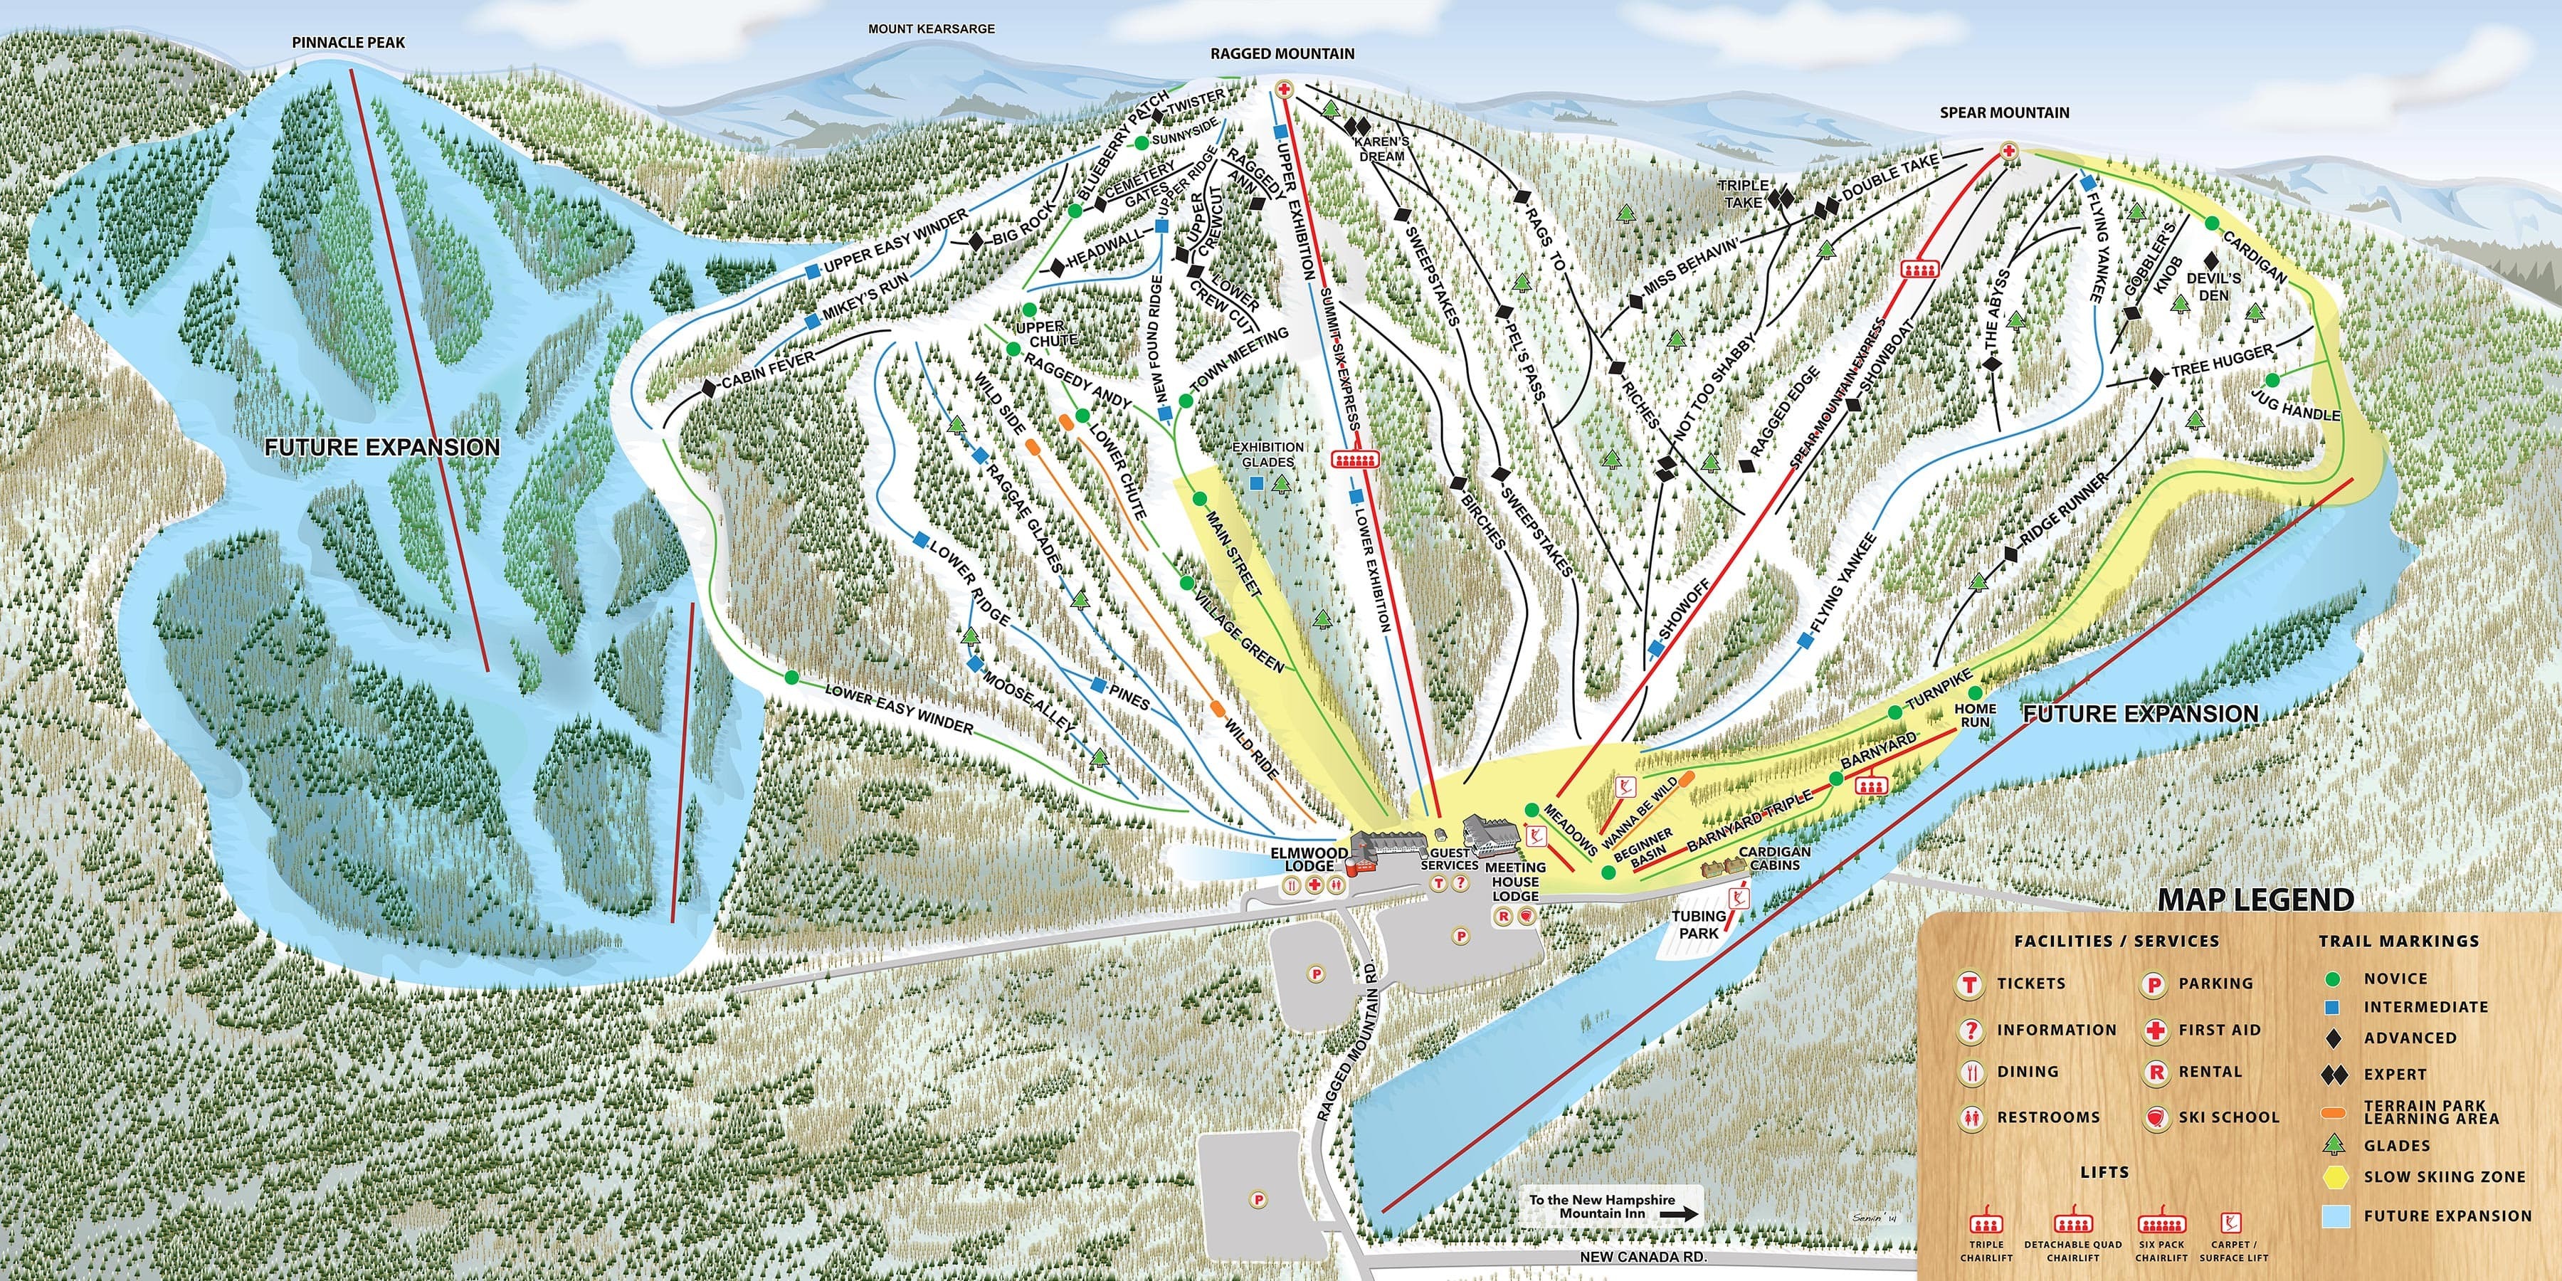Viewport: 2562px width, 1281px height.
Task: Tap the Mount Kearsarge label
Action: (931, 29)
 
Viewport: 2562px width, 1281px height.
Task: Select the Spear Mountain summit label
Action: (2004, 113)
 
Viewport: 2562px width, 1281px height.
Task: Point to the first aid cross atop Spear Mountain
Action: (2007, 151)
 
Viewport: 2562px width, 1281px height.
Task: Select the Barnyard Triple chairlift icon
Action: (1870, 785)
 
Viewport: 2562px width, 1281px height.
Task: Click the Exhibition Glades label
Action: (1268, 455)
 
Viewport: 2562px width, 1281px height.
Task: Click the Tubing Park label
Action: (1699, 924)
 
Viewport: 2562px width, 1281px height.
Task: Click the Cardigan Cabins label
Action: (1774, 858)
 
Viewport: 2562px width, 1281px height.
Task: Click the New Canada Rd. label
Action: (1643, 1257)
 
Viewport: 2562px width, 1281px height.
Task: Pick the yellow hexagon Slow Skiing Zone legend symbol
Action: (2335, 1176)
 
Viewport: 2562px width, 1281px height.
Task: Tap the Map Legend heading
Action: (2255, 900)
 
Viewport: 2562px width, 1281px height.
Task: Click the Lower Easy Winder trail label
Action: (898, 709)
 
